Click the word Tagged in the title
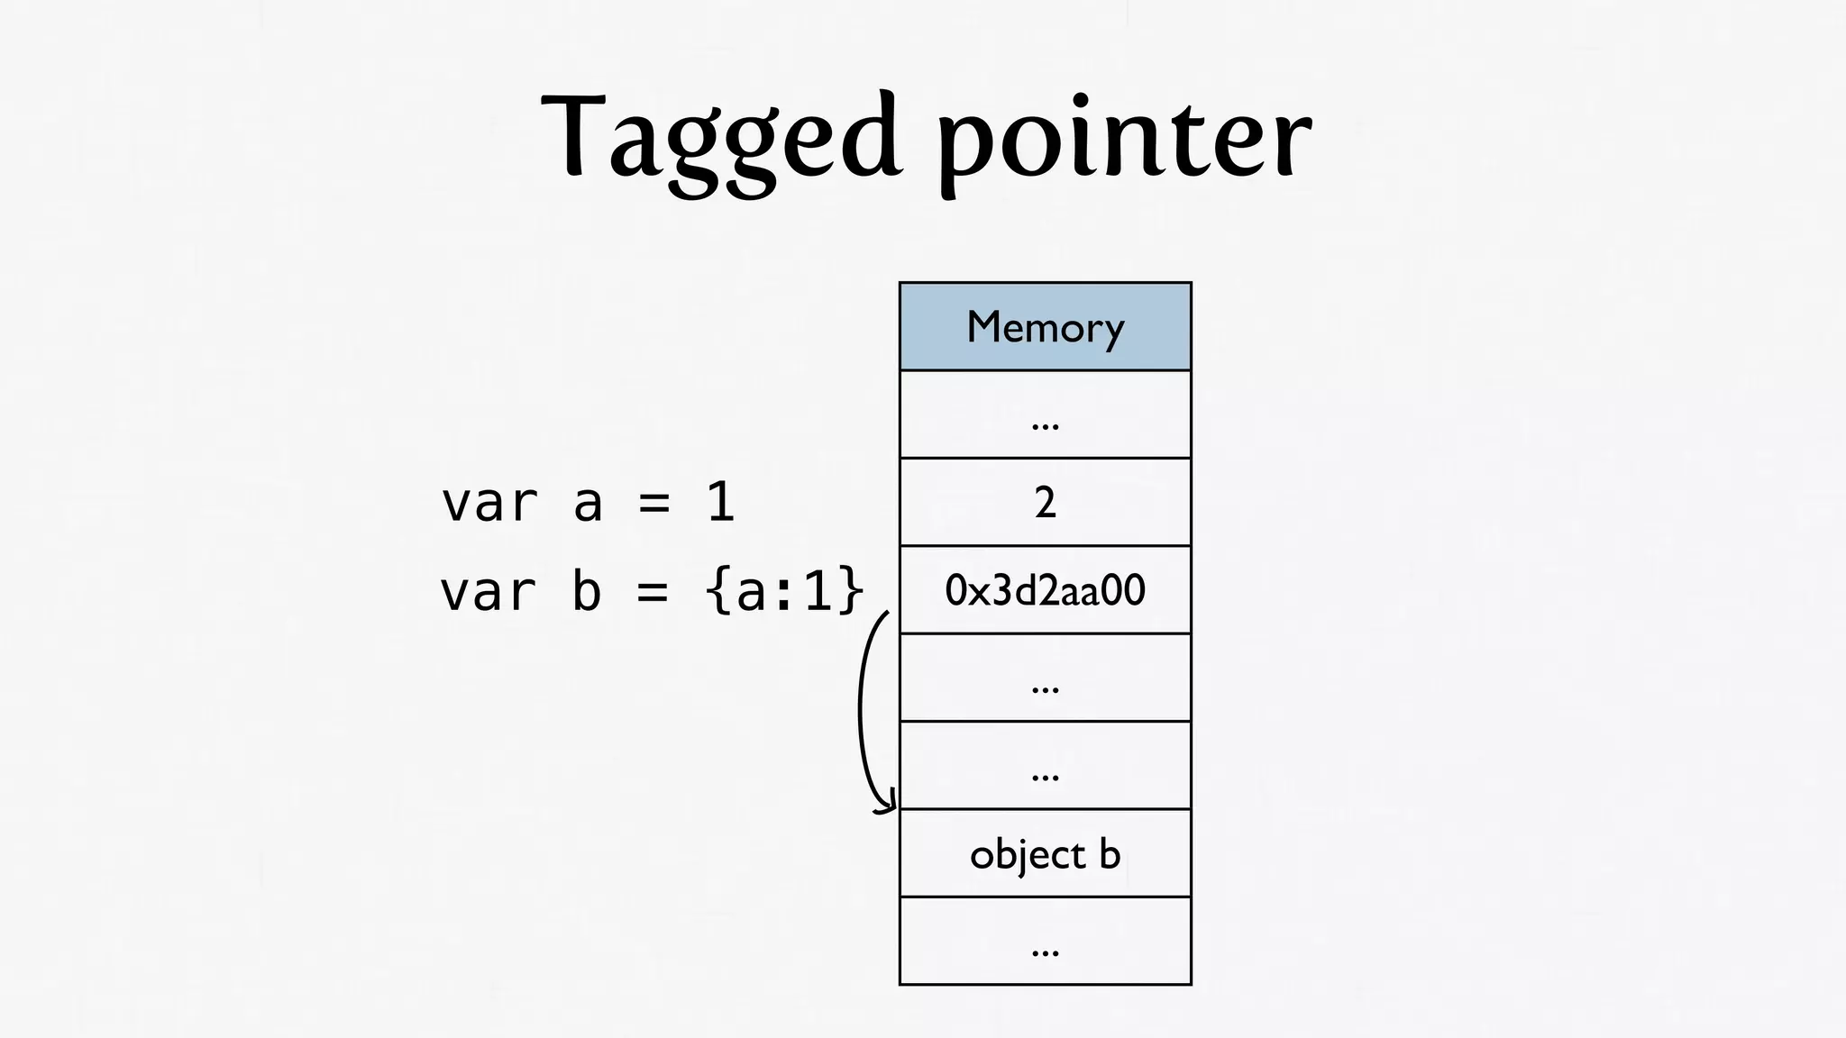721,140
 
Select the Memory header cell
1045,326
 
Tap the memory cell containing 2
1045,502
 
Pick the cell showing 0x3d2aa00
1045,590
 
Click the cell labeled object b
1045,853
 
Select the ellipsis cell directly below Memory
1045,414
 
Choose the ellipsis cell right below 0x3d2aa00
1045,678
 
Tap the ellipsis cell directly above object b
1045,766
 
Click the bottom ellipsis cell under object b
1045,941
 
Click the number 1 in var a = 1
720,503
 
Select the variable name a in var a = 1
588,503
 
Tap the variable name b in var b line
587,592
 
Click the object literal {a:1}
785,592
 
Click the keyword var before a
489,503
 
